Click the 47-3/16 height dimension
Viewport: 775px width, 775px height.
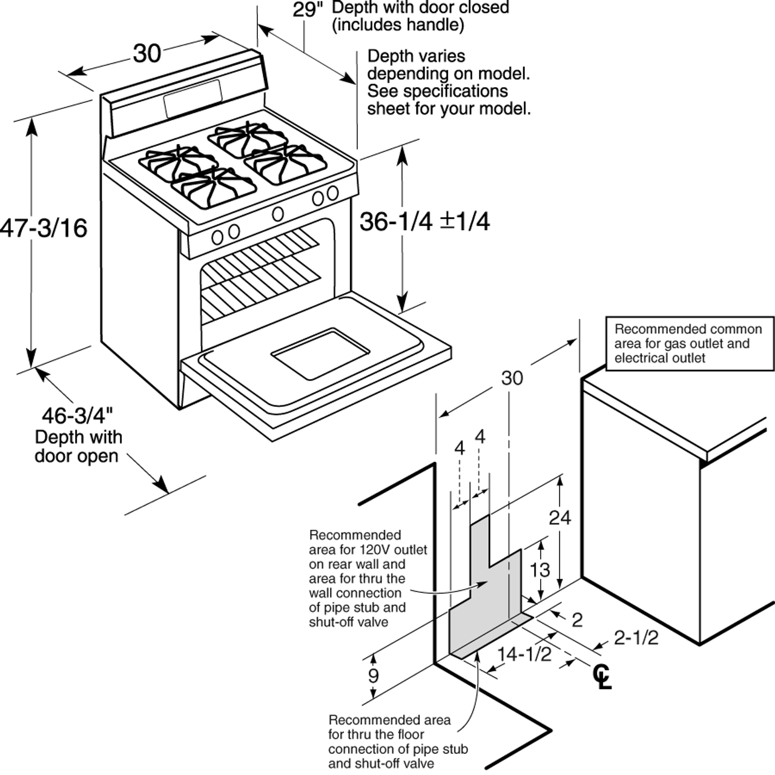click(x=44, y=228)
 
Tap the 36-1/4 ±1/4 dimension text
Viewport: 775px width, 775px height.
click(x=424, y=222)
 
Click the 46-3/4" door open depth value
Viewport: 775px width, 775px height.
click(x=77, y=416)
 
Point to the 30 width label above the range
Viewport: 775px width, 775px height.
click(x=147, y=54)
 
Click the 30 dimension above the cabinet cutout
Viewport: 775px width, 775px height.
click(x=512, y=378)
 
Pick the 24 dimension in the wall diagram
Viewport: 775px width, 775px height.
click(x=559, y=517)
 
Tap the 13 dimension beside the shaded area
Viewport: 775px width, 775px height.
click(x=540, y=569)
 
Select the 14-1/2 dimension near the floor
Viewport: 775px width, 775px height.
click(x=524, y=655)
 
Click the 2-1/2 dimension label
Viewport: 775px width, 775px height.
click(x=636, y=638)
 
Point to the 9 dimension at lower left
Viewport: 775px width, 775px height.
click(x=374, y=676)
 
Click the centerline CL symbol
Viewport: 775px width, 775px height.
click(x=603, y=676)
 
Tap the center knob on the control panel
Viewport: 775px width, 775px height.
click(x=278, y=213)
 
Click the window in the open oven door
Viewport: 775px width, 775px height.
click(x=319, y=354)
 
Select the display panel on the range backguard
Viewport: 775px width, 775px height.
click(x=193, y=99)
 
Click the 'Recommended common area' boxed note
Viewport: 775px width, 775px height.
click(x=689, y=343)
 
